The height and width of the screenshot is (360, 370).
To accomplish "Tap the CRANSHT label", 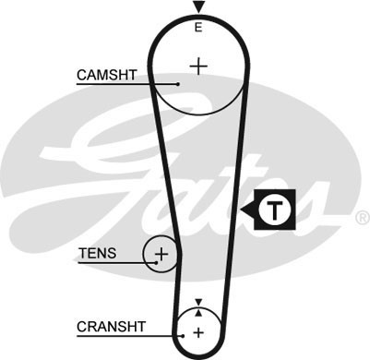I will (x=110, y=325).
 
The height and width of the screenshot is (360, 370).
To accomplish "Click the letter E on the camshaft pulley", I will (x=197, y=29).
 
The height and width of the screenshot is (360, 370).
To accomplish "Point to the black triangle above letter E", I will (x=197, y=7).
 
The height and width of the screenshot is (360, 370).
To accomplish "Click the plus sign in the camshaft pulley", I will (x=197, y=66).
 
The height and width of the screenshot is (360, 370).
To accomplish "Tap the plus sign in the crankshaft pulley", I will (x=197, y=331).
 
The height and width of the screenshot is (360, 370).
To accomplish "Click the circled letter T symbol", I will (x=272, y=210).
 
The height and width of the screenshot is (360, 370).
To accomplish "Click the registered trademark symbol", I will (x=362, y=218).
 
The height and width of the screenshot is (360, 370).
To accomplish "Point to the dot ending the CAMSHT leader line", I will (x=178, y=85).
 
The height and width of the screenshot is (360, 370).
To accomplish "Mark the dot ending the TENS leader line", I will (x=158, y=262).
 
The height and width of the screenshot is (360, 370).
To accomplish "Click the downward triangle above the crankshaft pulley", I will (x=197, y=302).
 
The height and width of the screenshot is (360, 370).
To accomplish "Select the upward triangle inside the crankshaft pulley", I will (x=197, y=314).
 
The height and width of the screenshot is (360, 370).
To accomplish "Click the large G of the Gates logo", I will (x=111, y=148).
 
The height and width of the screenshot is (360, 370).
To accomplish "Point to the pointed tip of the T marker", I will (x=242, y=210).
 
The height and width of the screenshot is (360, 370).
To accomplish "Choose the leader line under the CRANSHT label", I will (x=129, y=335).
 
